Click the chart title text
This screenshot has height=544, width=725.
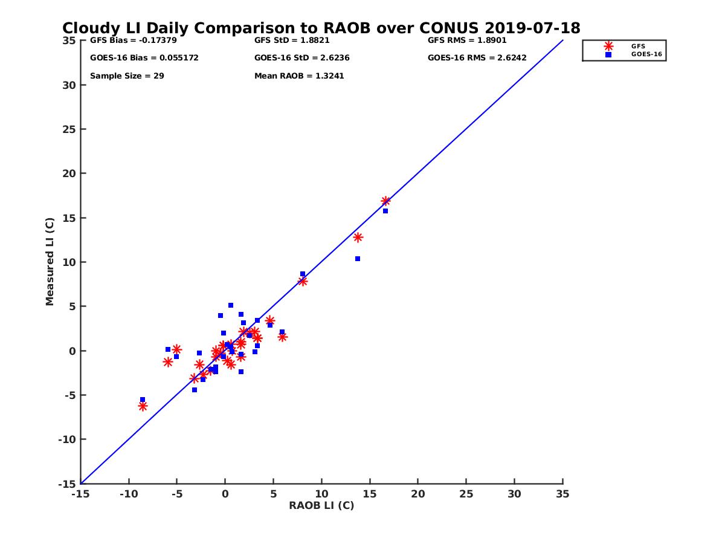[321, 28]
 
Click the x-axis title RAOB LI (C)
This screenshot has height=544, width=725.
[321, 505]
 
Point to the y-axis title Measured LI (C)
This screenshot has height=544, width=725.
[50, 262]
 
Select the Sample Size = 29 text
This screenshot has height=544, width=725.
[127, 76]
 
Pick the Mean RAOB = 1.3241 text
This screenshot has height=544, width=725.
[299, 76]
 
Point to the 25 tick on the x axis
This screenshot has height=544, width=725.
[466, 494]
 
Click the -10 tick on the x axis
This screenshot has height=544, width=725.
[128, 494]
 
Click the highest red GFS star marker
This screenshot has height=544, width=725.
[385, 201]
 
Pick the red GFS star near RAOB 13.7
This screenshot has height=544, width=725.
[358, 238]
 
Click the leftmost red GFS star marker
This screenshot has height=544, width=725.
[143, 406]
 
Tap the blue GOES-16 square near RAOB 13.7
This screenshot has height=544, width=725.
[358, 259]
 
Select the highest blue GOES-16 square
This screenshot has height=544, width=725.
[385, 211]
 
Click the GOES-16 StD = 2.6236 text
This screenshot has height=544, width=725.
[302, 58]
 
